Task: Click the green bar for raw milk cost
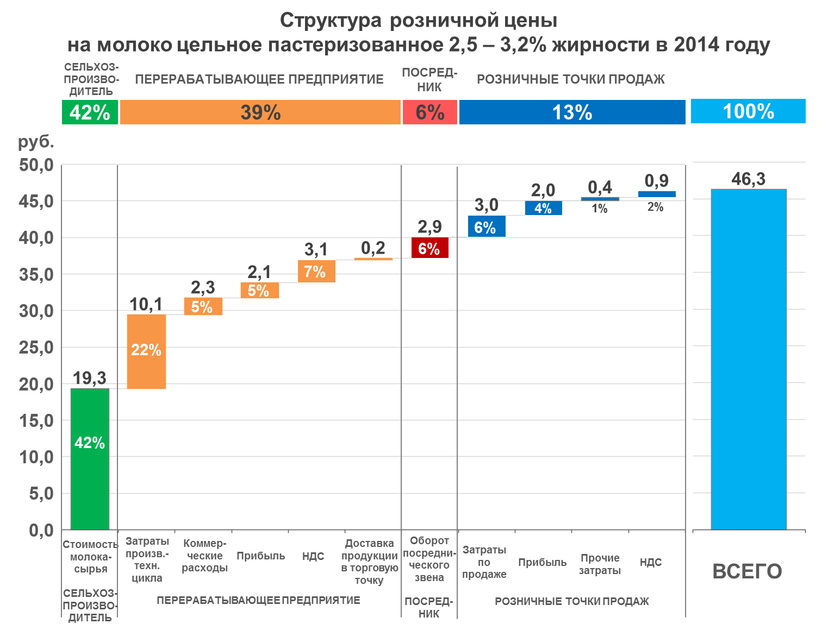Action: [90, 459]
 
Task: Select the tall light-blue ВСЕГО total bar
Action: [749, 358]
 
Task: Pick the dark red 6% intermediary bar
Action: [429, 248]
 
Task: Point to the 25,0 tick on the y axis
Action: [36, 348]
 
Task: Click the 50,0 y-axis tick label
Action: [36, 165]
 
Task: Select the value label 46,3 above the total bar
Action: [748, 179]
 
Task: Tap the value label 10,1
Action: [146, 304]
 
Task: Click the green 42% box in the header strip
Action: [90, 112]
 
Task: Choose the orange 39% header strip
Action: [260, 112]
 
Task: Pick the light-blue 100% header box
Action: [748, 111]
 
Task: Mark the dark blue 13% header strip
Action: [572, 112]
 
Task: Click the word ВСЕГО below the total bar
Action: [747, 571]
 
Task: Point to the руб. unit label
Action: [36, 142]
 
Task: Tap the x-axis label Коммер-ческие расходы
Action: [204, 556]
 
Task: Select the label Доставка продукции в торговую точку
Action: [369, 562]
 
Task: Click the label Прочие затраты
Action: [600, 564]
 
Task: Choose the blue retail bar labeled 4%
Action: [543, 208]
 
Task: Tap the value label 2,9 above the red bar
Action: [429, 226]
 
